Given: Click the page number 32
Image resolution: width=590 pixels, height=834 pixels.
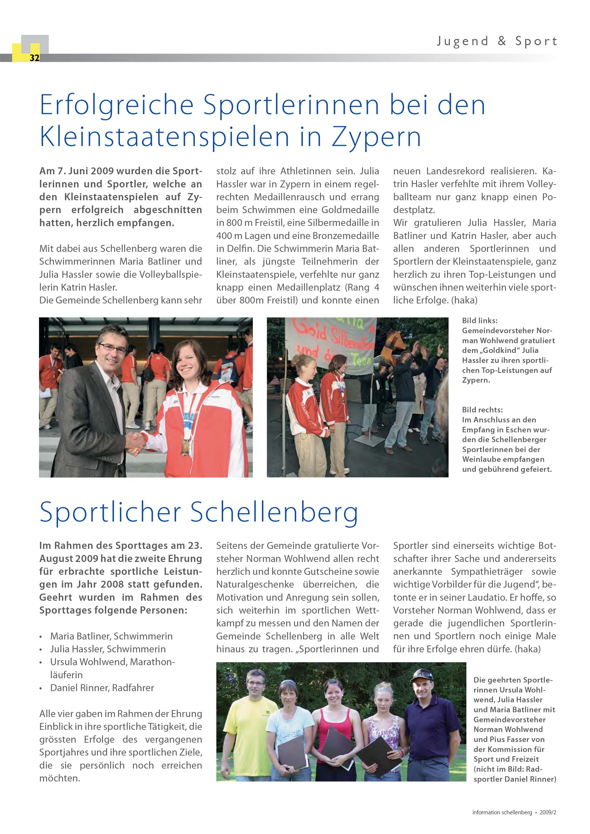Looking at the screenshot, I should [x=34, y=58].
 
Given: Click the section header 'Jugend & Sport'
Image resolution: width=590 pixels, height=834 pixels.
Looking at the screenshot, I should [x=497, y=41].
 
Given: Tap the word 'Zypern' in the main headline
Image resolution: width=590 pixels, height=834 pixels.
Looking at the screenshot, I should [x=376, y=137].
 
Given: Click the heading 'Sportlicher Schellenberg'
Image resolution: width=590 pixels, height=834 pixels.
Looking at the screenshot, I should [x=199, y=512].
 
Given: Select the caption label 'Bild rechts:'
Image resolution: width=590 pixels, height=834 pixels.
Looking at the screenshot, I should [x=482, y=410].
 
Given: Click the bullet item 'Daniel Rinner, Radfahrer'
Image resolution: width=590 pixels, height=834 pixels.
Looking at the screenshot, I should [x=102, y=687].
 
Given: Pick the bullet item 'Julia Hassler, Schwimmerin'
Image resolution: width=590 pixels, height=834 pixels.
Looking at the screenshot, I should [x=108, y=649].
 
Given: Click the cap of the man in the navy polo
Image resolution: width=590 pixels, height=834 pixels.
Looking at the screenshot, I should [x=422, y=675].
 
